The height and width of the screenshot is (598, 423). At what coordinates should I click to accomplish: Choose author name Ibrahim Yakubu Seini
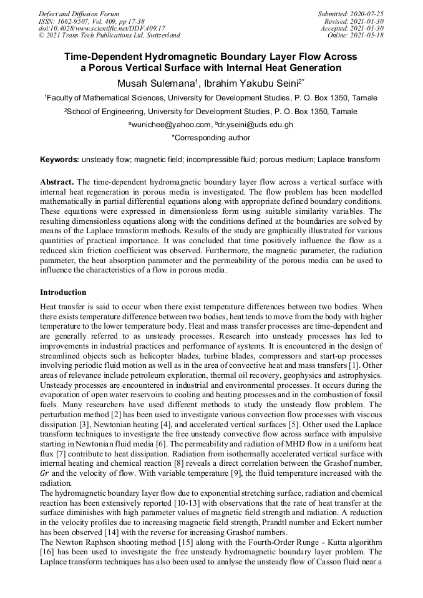pos(251,82)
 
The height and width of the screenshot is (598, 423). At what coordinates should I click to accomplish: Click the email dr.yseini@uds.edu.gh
pos(254,125)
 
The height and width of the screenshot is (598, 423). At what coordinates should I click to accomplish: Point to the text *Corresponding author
pos(211,137)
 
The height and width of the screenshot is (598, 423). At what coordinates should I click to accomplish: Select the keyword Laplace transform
pos(349,160)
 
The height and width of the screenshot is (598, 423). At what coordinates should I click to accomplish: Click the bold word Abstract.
pos(57,180)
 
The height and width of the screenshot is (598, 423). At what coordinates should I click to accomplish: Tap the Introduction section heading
pos(63,292)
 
